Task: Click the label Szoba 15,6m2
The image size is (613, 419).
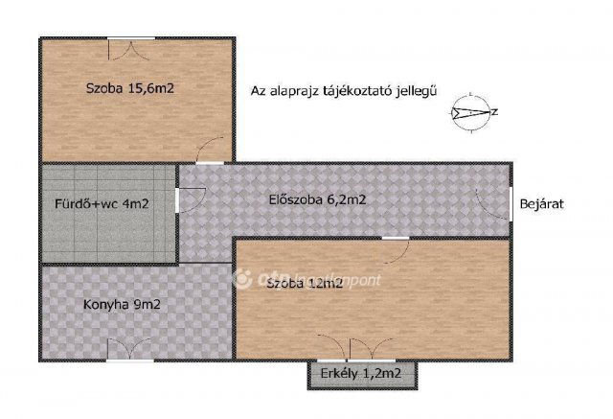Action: pos(135,88)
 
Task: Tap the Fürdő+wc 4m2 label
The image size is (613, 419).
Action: pos(100,204)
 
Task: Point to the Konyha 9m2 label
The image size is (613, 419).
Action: pos(120,305)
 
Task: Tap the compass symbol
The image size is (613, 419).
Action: pos(470,112)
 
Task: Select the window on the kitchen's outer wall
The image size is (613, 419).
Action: pos(128,360)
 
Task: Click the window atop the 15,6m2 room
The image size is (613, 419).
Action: pos(129,41)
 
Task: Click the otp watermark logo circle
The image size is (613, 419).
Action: pos(242,279)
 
